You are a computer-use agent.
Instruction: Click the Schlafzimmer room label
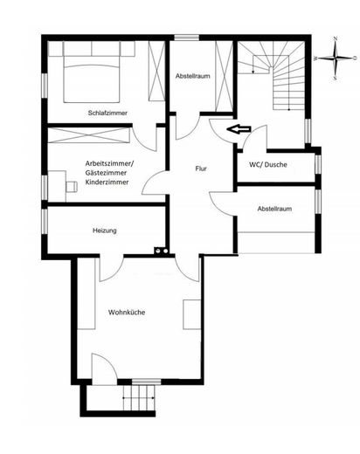point(107,113)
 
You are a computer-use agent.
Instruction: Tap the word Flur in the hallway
point(201,169)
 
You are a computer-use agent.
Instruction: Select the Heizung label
point(105,230)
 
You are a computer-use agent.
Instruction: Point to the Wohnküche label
point(127,313)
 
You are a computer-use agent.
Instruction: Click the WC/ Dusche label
point(268,165)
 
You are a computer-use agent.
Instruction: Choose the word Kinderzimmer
point(107,182)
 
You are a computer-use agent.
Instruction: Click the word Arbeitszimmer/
point(109,163)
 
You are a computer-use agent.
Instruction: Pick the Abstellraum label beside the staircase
point(192,76)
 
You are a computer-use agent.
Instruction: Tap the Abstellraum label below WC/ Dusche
point(274,209)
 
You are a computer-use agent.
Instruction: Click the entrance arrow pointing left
point(239,129)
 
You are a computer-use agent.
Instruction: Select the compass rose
point(336,58)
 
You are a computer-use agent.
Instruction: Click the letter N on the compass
point(336,38)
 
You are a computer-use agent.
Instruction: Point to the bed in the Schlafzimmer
point(92,72)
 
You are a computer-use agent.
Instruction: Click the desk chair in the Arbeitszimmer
point(72,187)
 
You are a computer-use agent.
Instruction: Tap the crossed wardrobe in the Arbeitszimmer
point(88,135)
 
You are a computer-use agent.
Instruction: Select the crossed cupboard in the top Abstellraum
point(224,76)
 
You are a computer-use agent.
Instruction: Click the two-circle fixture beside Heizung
point(161,250)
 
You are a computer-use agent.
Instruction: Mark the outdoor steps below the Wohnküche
point(138,397)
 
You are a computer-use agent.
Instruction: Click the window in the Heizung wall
point(45,221)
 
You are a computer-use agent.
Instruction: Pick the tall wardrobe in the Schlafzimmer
point(156,71)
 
